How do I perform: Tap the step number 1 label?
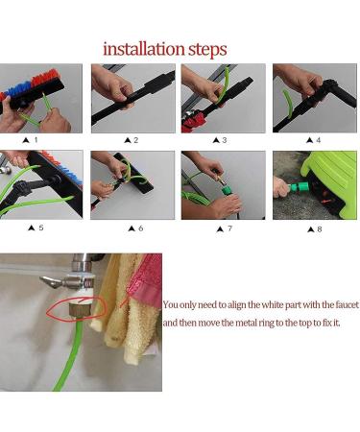point(36,140)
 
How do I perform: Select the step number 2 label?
point(135,140)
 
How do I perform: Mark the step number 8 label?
point(316,228)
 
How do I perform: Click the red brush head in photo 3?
point(197,123)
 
